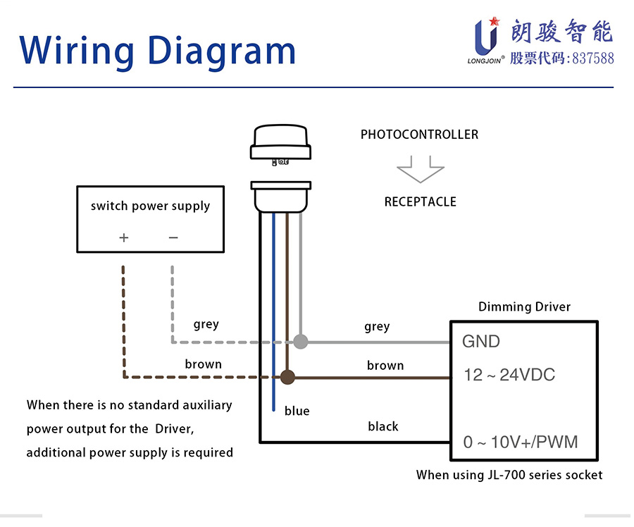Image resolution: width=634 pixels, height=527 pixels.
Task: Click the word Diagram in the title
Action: click(x=223, y=50)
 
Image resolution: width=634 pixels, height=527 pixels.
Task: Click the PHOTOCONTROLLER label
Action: click(x=419, y=135)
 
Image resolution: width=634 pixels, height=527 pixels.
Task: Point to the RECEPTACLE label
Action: click(x=420, y=202)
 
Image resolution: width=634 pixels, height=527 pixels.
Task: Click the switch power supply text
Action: click(x=150, y=206)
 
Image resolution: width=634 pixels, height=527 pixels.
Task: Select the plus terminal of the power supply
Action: click(x=124, y=237)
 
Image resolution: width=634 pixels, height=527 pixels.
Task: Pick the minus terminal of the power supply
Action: click(x=173, y=237)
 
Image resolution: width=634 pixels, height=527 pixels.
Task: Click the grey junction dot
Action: click(x=301, y=342)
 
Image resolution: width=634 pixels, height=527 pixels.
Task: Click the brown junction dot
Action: click(x=287, y=377)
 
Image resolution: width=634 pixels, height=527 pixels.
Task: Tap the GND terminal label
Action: click(x=481, y=342)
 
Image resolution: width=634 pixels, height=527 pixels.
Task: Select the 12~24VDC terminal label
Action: click(x=509, y=375)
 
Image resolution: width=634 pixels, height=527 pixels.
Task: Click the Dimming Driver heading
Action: click(x=524, y=307)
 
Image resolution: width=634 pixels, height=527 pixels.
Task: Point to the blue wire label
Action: click(x=297, y=411)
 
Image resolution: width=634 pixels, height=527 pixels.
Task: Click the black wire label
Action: click(x=383, y=426)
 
